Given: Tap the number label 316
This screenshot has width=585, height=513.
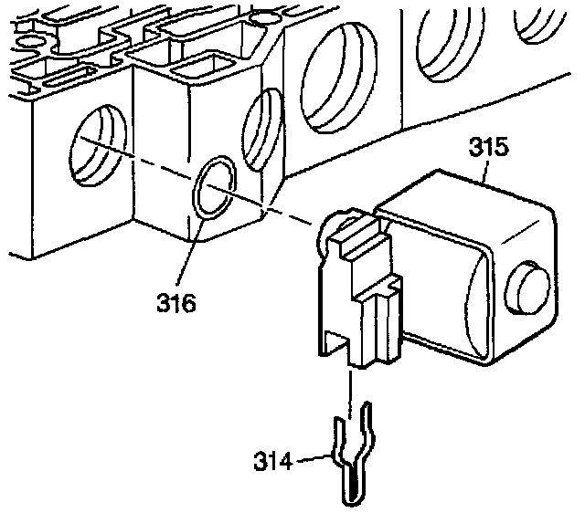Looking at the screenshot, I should pyautogui.click(x=175, y=302).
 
